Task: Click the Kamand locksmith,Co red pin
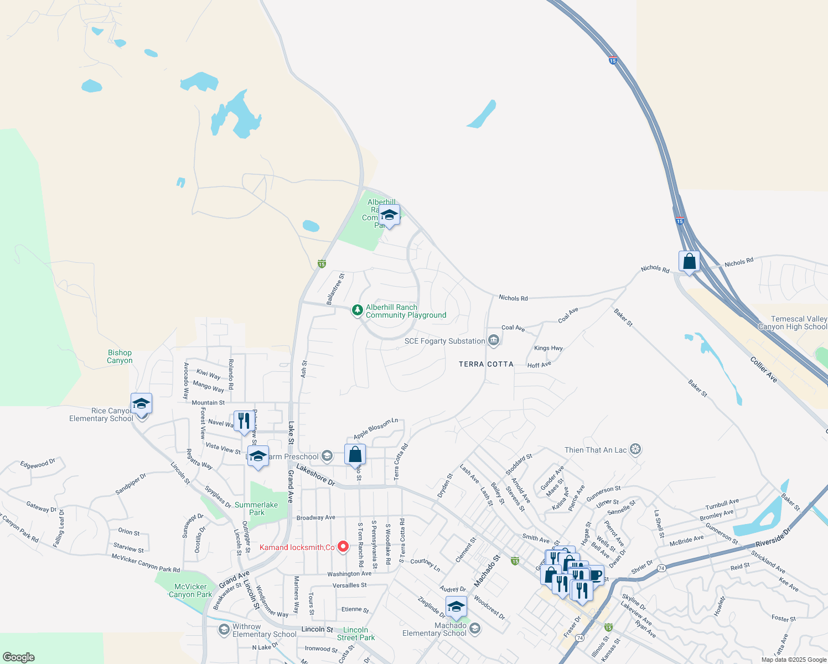click(x=343, y=547)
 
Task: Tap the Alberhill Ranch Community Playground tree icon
click(x=358, y=310)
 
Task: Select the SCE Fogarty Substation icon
click(x=494, y=341)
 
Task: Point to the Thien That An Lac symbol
click(x=635, y=449)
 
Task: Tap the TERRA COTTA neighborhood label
click(x=486, y=364)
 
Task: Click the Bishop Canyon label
click(x=120, y=356)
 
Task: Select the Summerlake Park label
click(x=256, y=509)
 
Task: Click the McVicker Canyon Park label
click(x=190, y=590)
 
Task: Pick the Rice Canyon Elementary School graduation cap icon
click(x=141, y=403)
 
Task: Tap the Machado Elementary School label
click(x=434, y=629)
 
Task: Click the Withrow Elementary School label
click(x=265, y=630)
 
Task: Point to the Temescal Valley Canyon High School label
click(x=792, y=323)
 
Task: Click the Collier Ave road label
click(x=764, y=370)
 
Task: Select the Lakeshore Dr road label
click(x=315, y=475)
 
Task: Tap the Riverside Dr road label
click(x=773, y=537)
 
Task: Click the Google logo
click(x=18, y=657)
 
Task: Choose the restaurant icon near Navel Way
click(x=244, y=421)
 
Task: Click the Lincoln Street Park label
click(x=356, y=634)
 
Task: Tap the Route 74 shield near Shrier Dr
click(x=661, y=568)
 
